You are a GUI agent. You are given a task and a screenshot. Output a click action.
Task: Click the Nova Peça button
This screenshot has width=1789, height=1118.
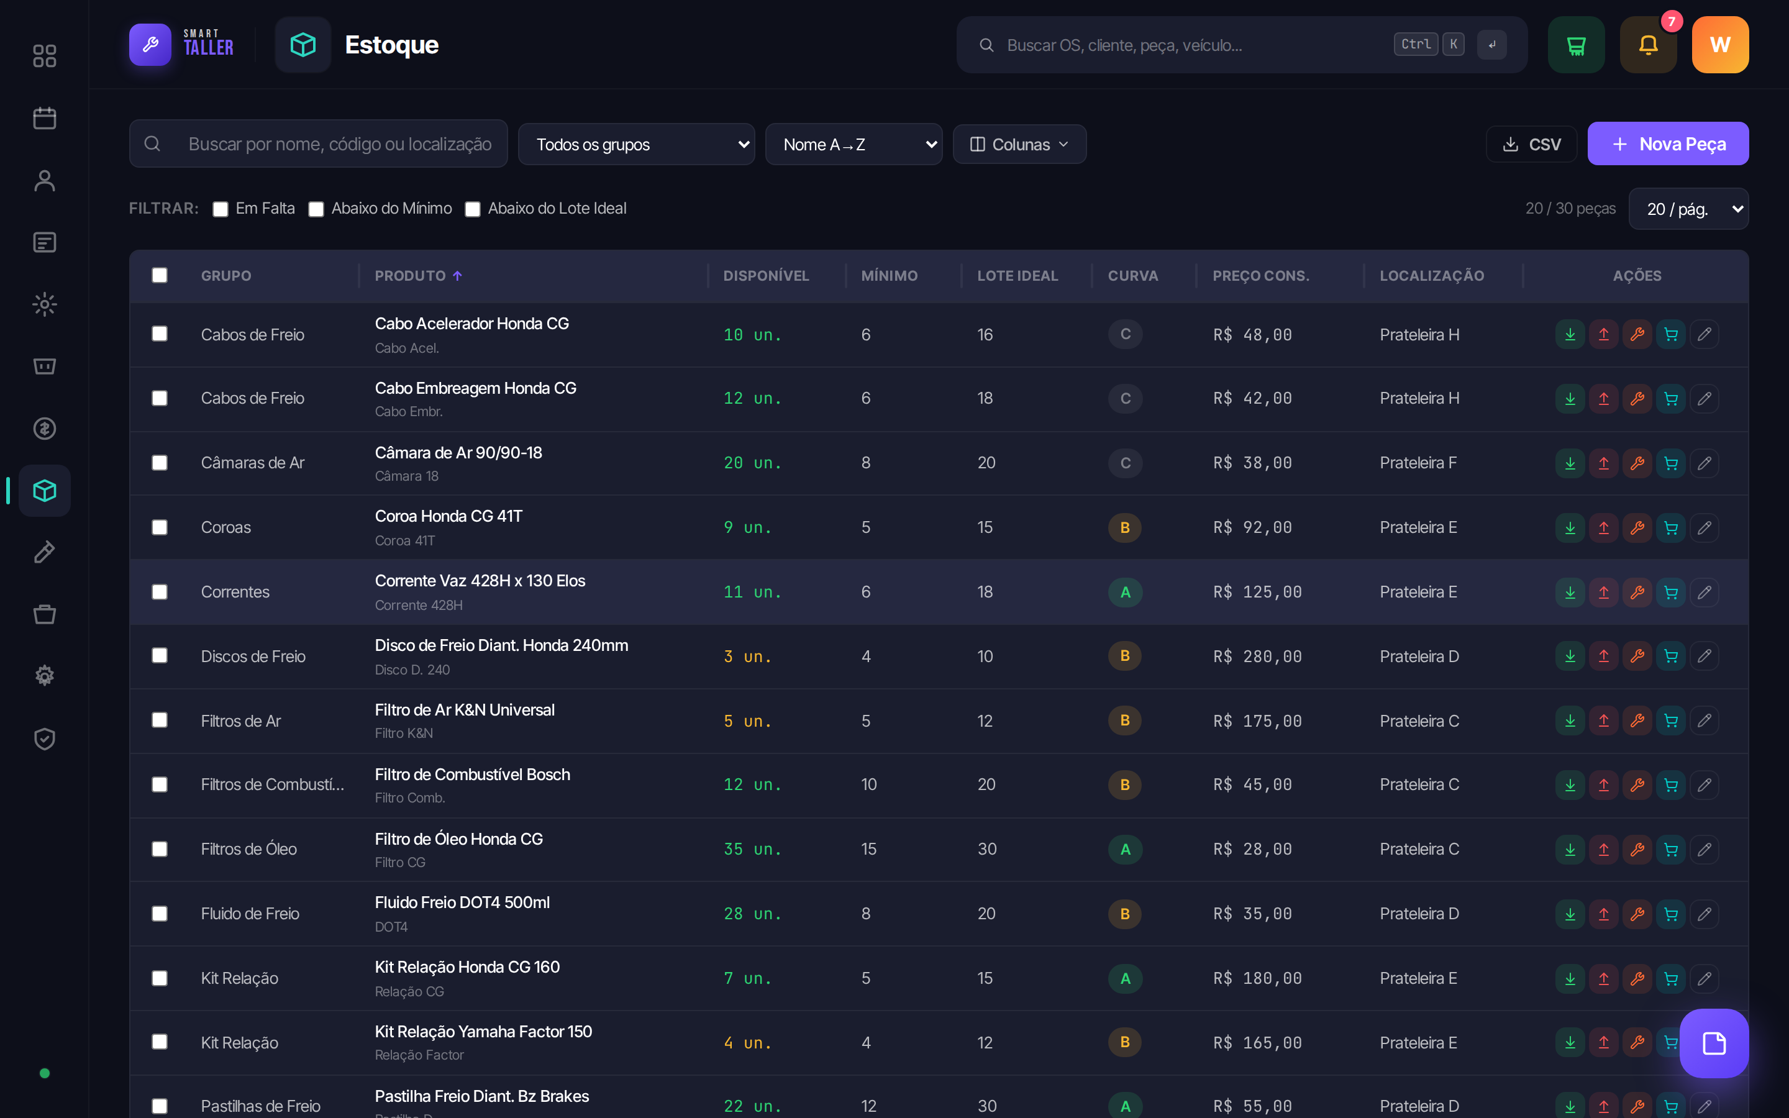1668,143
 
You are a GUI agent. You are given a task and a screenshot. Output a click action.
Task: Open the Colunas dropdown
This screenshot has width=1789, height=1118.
1019,144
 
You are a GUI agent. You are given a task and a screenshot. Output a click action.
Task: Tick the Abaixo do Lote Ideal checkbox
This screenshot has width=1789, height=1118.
472,209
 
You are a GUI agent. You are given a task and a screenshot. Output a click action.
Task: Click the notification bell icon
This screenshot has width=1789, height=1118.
1649,45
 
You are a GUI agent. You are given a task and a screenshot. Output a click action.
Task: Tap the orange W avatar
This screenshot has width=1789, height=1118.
1720,45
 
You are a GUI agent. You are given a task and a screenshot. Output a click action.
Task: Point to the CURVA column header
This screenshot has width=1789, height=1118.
1132,276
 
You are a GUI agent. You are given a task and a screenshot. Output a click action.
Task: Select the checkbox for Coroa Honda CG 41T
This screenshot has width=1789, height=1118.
160,527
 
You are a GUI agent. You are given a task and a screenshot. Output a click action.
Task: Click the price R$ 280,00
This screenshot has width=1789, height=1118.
1257,657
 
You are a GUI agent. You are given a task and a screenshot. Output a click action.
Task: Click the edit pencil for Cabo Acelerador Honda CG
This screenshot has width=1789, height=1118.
1705,334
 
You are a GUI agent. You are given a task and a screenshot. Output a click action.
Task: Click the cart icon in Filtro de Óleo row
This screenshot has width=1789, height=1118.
1671,850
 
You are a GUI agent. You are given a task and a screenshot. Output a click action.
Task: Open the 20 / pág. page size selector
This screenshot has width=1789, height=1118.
1688,209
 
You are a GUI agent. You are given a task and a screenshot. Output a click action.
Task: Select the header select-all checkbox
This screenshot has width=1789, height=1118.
160,275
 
